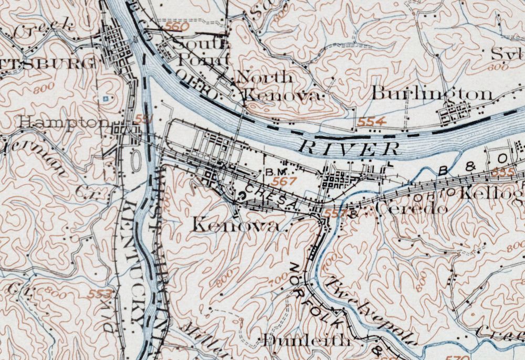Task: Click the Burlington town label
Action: click(432, 94)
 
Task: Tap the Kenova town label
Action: click(235, 225)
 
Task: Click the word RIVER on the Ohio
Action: click(351, 148)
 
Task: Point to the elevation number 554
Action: click(372, 122)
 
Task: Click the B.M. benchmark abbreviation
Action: click(277, 172)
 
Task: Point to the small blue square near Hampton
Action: click(106, 98)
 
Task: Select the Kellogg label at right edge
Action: click(490, 193)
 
